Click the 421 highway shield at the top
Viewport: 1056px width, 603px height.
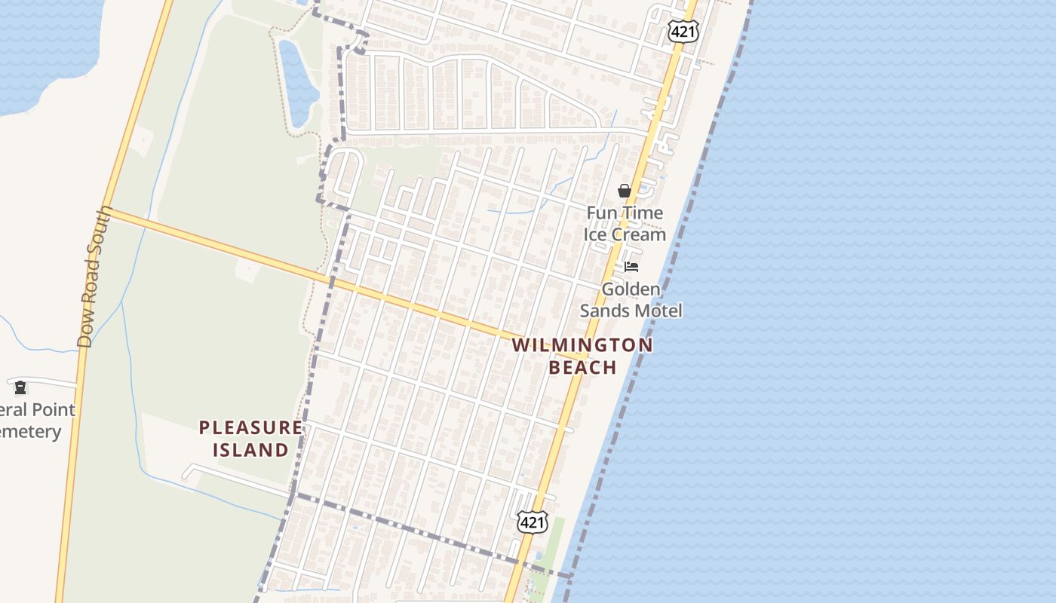click(x=683, y=31)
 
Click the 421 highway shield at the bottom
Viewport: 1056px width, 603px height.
click(x=532, y=522)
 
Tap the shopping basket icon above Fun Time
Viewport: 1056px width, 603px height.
click(x=625, y=191)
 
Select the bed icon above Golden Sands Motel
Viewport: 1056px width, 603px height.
click(x=631, y=267)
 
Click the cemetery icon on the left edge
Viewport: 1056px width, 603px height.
click(x=20, y=387)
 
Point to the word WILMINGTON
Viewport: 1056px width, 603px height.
click(x=582, y=346)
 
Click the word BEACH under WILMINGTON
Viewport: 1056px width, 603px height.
click(x=582, y=368)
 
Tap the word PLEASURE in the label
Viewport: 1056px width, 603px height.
click(x=250, y=428)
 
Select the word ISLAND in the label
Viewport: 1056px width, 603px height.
click(x=250, y=451)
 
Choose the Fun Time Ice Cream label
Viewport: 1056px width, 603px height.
click(x=625, y=224)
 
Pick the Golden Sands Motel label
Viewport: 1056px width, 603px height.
click(x=631, y=300)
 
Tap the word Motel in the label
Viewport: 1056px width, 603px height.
click(x=658, y=311)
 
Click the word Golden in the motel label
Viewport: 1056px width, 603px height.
click(x=631, y=289)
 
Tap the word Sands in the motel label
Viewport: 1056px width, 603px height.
click(x=604, y=311)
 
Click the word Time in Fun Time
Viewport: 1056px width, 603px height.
click(x=643, y=213)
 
